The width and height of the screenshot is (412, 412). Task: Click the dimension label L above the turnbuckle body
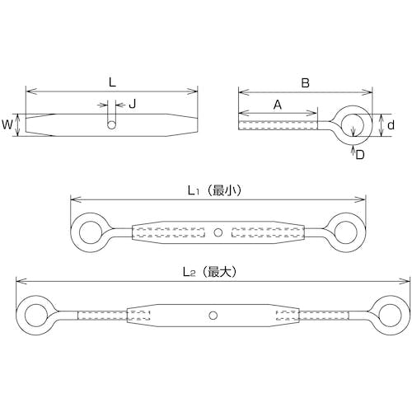click(112, 82)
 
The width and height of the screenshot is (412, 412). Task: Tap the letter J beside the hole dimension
click(133, 104)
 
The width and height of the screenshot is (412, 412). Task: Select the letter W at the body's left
click(7, 124)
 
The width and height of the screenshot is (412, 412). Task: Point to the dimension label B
click(305, 82)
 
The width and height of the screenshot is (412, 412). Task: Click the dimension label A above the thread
click(278, 105)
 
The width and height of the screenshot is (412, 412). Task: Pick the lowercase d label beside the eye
click(391, 125)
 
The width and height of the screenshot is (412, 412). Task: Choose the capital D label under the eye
click(359, 155)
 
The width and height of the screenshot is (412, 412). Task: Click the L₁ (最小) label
click(214, 190)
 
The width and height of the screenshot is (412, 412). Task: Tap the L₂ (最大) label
click(210, 272)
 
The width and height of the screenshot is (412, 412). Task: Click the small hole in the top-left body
click(111, 125)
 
